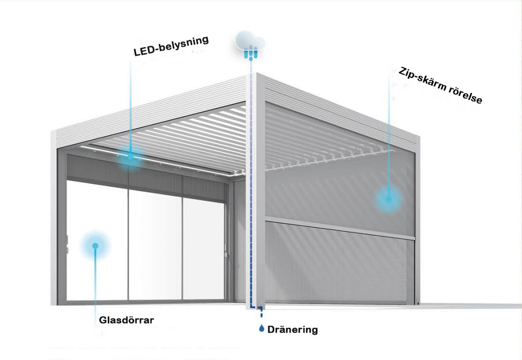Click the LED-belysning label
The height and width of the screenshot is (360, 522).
click(170, 45)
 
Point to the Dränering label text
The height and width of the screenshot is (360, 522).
click(293, 329)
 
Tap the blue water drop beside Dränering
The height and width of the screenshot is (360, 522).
click(262, 328)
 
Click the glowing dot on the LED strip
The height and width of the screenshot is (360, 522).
click(131, 158)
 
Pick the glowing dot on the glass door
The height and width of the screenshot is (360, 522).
click(95, 245)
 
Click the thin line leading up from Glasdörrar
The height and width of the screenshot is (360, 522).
click(95, 283)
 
